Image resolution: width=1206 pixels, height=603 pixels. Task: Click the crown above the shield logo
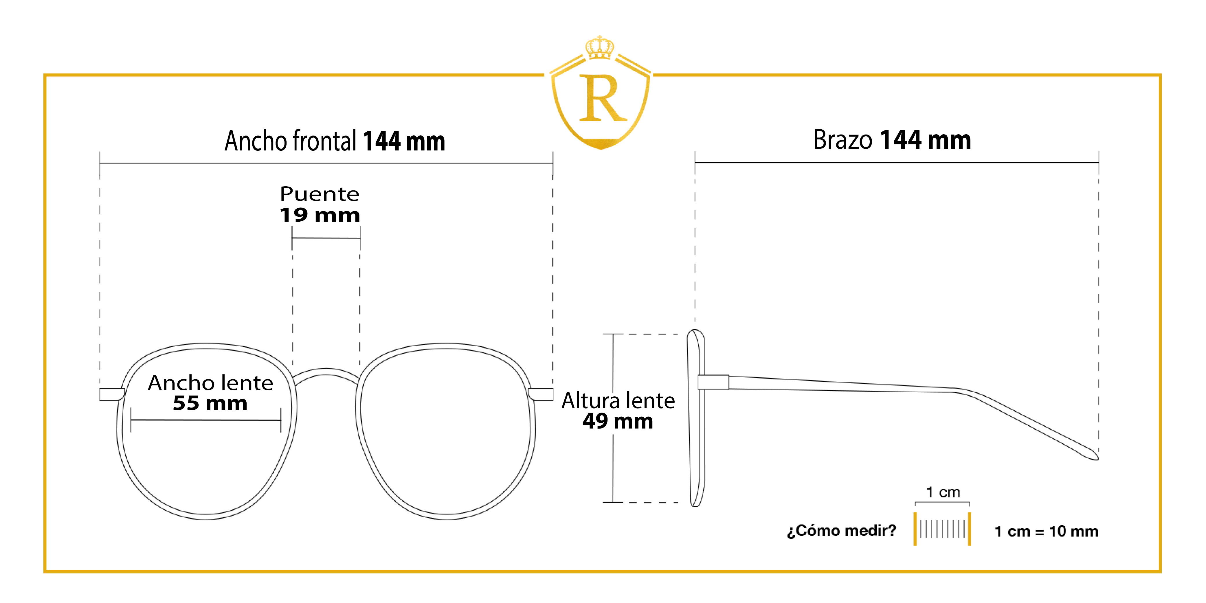coord(600,47)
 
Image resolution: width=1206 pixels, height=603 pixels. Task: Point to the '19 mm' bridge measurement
coord(320,215)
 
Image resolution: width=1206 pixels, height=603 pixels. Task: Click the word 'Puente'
coord(320,194)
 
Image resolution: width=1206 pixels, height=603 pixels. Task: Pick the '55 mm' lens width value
coord(210,403)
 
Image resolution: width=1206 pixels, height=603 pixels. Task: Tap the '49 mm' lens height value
coord(618,421)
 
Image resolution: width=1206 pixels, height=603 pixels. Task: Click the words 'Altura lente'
coord(618,401)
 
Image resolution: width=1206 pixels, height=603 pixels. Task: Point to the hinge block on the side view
coord(713,382)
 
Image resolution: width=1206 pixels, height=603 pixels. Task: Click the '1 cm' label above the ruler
coord(943,492)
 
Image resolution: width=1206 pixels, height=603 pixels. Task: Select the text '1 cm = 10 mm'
coord(1046,531)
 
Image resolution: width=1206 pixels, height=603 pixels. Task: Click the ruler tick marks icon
coord(942,529)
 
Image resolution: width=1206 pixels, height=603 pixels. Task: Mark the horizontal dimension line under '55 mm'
coord(206,420)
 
